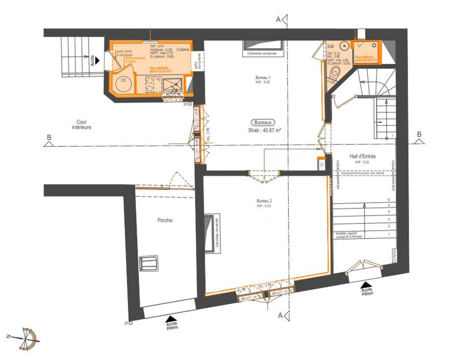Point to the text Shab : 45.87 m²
[265, 130]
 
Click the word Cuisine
[183, 50]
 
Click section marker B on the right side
[419, 137]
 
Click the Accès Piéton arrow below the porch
[172, 318]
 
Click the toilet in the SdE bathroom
[336, 73]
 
